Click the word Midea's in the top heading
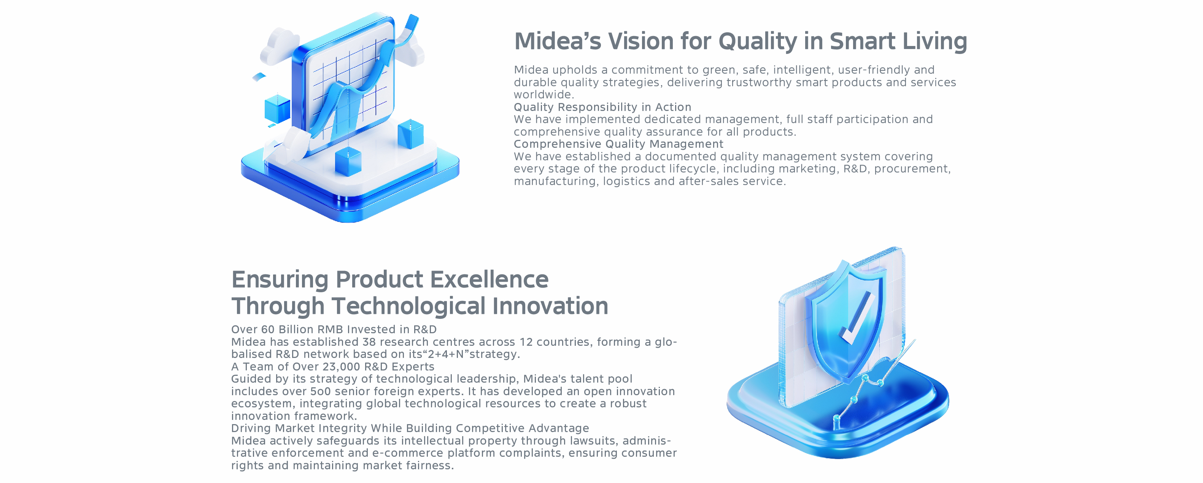(x=558, y=41)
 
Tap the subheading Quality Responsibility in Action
(x=602, y=107)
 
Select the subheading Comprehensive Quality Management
(x=618, y=144)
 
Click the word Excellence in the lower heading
(x=489, y=280)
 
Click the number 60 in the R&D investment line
(x=268, y=329)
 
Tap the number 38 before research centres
(x=369, y=342)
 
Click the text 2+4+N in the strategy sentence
(x=446, y=354)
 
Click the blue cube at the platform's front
(x=348, y=162)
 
